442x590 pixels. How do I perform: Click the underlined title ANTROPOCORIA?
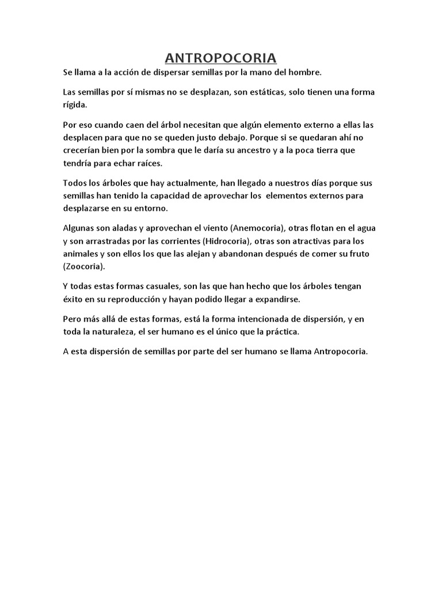(x=221, y=58)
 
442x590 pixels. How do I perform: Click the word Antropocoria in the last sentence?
(x=340, y=353)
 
